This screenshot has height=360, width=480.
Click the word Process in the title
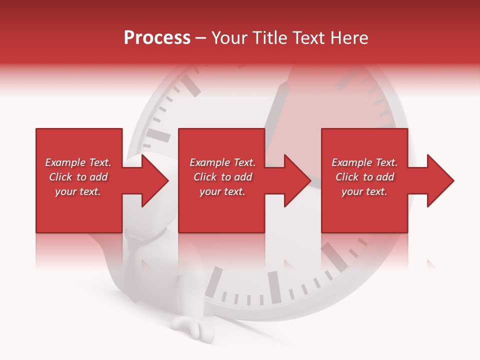point(157,38)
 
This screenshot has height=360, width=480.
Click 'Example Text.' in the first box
point(78,162)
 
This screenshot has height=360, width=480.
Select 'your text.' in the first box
point(78,191)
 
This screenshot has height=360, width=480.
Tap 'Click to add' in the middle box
point(222,177)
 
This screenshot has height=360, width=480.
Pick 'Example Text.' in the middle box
point(222,162)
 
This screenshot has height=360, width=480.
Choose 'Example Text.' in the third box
point(364,162)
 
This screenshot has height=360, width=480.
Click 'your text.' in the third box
point(364,191)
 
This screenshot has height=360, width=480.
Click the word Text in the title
point(308,38)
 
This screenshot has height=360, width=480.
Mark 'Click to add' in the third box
point(364,177)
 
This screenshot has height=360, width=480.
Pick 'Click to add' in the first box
point(78,177)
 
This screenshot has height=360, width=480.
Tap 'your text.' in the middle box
point(222,191)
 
